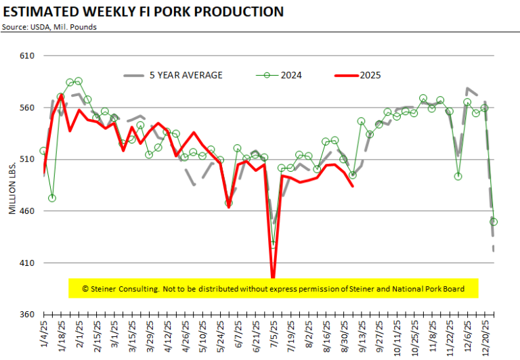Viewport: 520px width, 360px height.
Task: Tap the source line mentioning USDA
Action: (x=49, y=27)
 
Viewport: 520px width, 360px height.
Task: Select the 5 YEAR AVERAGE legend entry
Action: (x=173, y=75)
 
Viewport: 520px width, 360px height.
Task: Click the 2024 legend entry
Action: (x=278, y=75)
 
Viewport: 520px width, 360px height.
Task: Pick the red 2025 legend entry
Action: (x=357, y=75)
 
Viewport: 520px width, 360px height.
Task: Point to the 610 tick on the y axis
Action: (x=27, y=55)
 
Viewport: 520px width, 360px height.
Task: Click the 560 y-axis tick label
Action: (x=27, y=108)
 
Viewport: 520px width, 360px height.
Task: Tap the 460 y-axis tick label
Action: (x=27, y=211)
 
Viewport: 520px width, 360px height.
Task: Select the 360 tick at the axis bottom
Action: (x=27, y=314)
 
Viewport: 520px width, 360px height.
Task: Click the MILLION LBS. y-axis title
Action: (x=12, y=188)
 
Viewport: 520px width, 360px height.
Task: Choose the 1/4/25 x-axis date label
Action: (x=44, y=334)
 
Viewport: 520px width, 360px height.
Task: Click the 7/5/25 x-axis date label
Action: (x=274, y=334)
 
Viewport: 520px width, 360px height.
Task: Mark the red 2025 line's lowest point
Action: (x=273, y=277)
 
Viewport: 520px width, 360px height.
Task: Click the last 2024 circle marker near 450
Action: (x=494, y=222)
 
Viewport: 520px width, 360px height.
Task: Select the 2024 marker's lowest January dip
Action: (x=52, y=198)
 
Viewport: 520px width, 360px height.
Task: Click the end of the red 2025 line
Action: (x=353, y=186)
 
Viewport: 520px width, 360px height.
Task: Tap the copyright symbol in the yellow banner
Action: (x=85, y=289)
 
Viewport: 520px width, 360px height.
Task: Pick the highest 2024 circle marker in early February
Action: (x=79, y=81)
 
